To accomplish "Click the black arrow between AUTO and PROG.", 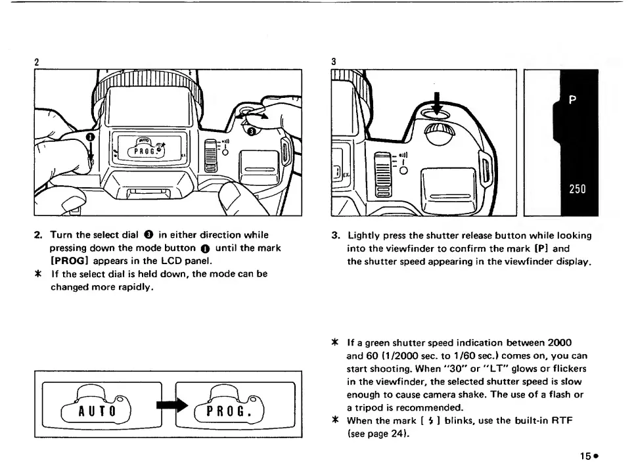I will [167, 407].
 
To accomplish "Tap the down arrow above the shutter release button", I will [432, 97].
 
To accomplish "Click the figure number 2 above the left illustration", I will [38, 61].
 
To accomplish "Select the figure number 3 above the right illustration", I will [334, 61].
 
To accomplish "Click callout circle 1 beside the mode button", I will [91, 136].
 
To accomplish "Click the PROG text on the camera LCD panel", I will [143, 150].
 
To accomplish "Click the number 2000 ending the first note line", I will [559, 344].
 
